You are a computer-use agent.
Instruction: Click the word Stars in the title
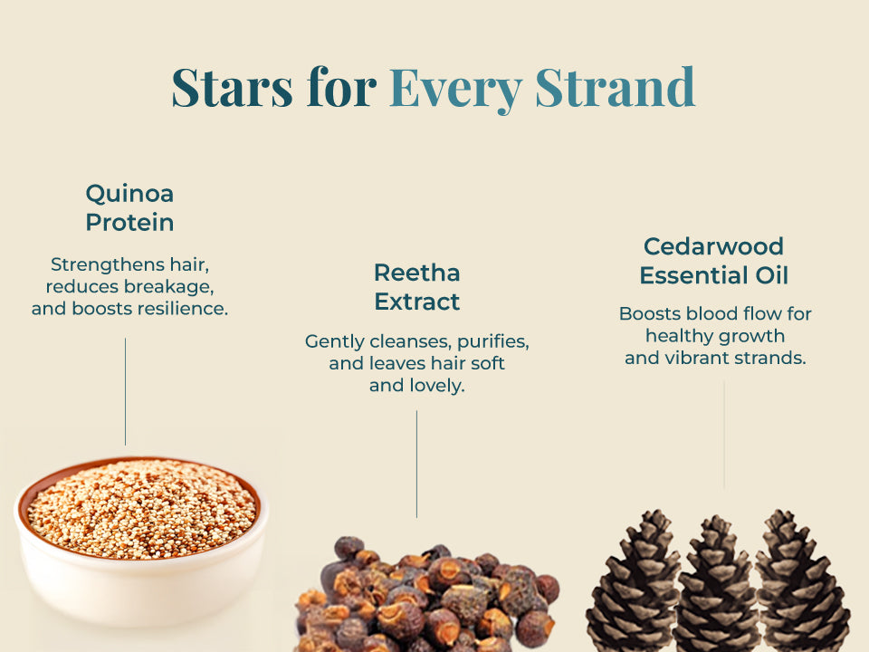click(x=233, y=87)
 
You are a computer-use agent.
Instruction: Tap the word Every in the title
click(x=455, y=89)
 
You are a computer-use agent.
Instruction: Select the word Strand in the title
click(x=616, y=87)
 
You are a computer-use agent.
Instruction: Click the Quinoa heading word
click(x=129, y=194)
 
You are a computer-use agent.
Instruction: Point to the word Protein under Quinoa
click(x=129, y=223)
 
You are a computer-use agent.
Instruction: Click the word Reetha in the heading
click(x=417, y=273)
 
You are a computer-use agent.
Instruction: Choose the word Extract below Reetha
click(x=417, y=302)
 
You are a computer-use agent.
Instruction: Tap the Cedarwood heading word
click(x=714, y=246)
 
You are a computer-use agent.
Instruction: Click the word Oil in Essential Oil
click(x=772, y=275)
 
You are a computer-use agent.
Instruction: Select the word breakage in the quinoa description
click(x=168, y=287)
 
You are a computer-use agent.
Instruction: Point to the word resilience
click(x=182, y=308)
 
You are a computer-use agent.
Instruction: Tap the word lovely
click(x=417, y=386)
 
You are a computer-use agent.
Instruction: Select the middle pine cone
click(x=716, y=585)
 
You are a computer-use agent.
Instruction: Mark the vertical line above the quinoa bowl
click(x=125, y=391)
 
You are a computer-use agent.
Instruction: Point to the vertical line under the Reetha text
click(x=416, y=464)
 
